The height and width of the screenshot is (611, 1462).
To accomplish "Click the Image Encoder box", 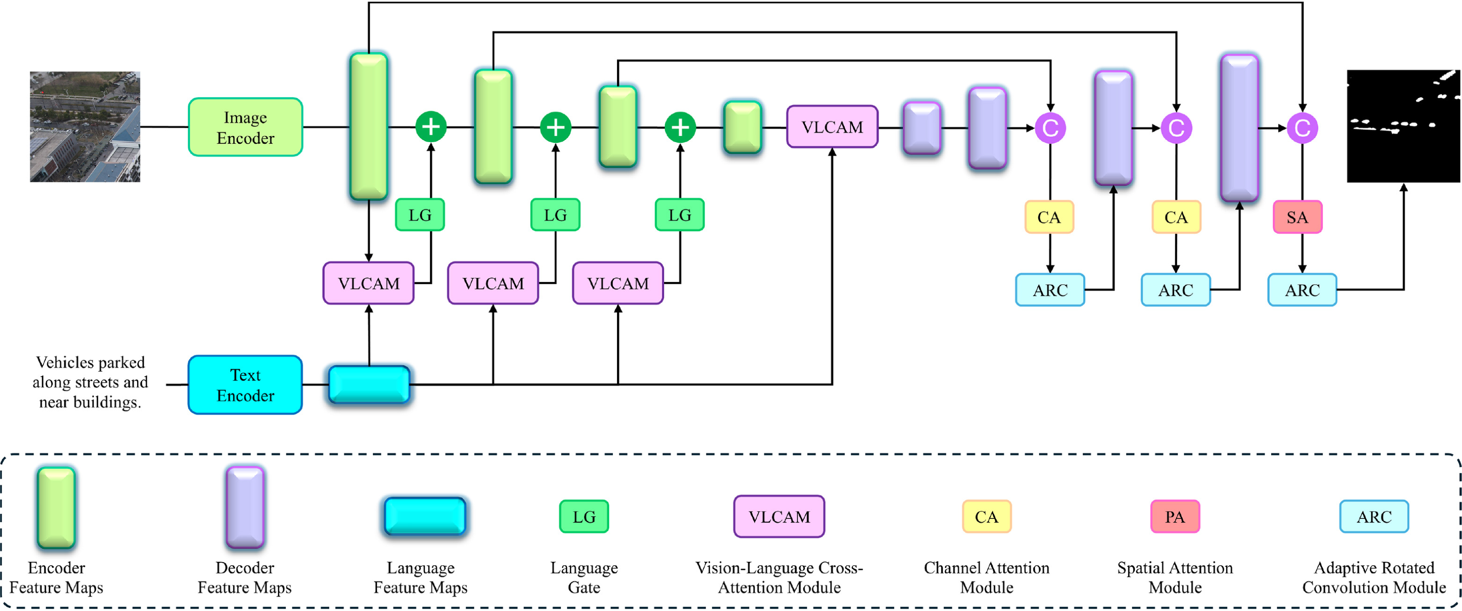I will tap(245, 127).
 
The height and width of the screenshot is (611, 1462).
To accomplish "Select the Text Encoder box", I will tap(245, 385).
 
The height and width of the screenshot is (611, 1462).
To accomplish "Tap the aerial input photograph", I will tap(85, 127).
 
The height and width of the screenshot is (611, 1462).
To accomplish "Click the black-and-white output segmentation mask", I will tap(1403, 126).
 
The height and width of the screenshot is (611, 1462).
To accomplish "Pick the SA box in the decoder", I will tap(1297, 217).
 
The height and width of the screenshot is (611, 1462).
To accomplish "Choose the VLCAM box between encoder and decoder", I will tap(832, 127).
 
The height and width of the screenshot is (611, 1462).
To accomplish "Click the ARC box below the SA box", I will tap(1302, 290).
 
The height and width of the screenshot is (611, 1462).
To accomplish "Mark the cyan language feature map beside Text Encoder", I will tap(369, 385).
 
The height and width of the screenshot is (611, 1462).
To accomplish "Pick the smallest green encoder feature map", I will tap(742, 127).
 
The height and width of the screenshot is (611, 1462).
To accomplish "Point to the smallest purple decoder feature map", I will tap(922, 128).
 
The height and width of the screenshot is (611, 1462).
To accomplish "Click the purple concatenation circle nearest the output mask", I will tap(1302, 128).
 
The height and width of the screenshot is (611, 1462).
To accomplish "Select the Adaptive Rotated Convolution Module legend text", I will tap(1374, 577).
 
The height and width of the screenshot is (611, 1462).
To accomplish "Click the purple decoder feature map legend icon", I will tap(245, 507).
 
